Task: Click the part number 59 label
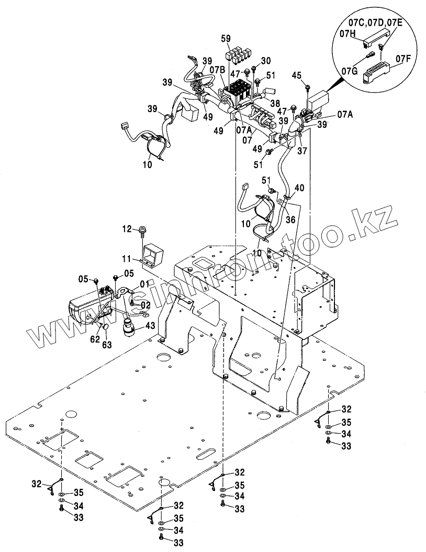tap(226, 38)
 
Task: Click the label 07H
tap(348, 33)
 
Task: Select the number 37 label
tap(302, 151)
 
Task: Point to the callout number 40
tap(299, 188)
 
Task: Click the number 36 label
tap(290, 219)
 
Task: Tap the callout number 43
tap(150, 326)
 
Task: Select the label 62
tap(95, 339)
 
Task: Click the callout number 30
tap(266, 60)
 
